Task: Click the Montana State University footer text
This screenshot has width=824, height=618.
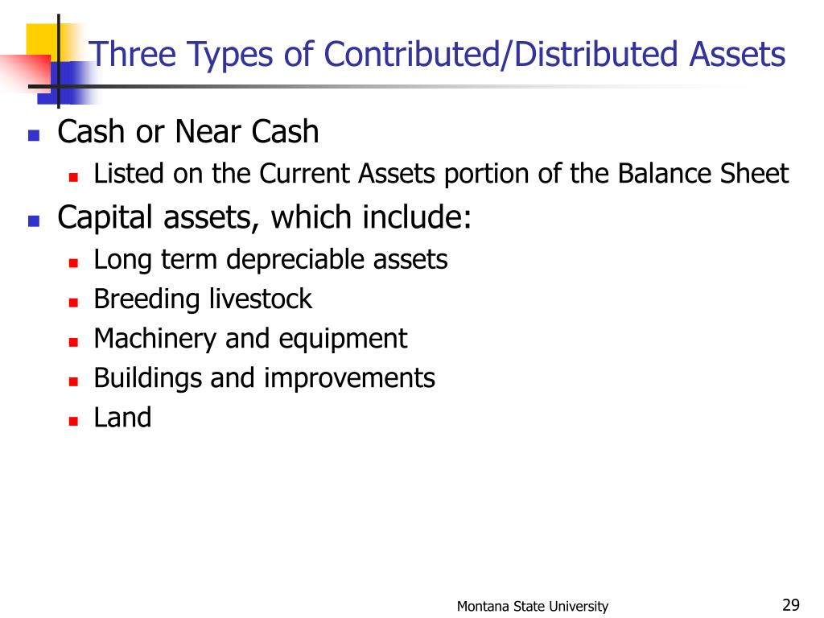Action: pos(533,607)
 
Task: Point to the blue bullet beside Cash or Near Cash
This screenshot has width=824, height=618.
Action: pos(34,135)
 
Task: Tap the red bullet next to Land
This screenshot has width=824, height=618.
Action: pos(72,421)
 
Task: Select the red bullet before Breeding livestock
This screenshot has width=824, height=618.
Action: pos(72,303)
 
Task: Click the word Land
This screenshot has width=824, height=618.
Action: pos(122,418)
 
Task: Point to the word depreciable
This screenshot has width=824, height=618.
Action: pos(299,260)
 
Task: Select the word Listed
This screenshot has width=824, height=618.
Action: pos(127,174)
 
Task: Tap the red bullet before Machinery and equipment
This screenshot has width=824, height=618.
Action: pos(72,342)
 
